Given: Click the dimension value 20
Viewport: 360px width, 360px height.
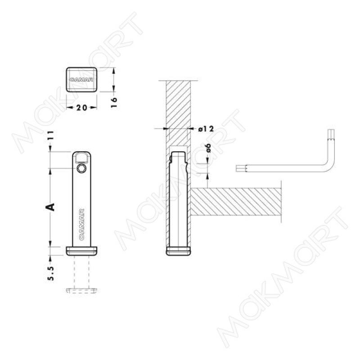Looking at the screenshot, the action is [x=81, y=108].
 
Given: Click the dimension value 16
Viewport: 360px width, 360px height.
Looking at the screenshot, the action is [x=114, y=103].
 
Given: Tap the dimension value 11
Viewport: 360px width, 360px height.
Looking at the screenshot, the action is [x=51, y=135].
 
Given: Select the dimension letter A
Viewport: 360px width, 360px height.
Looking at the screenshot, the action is [x=50, y=207].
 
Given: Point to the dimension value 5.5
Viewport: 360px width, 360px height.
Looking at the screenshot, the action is [x=51, y=274].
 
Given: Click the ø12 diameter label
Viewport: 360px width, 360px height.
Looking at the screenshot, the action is [x=206, y=129].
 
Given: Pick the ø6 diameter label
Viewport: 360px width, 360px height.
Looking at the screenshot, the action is [x=208, y=148].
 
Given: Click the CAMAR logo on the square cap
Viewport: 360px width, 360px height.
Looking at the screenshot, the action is [x=81, y=80].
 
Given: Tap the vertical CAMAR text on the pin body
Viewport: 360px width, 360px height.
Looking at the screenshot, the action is [x=82, y=224].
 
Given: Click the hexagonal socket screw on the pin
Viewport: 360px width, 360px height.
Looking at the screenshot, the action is [x=81, y=169].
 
